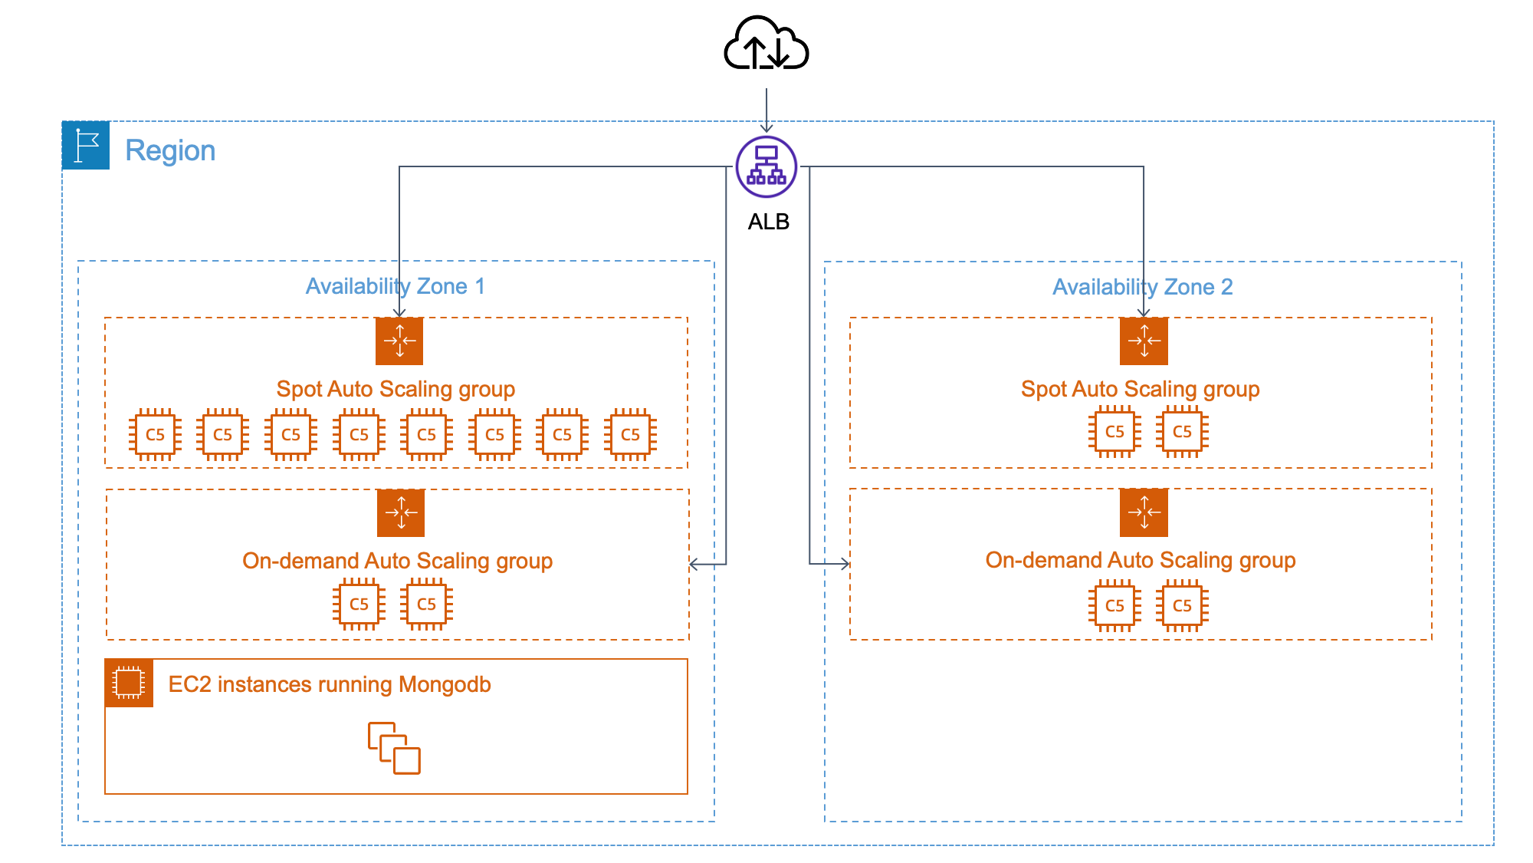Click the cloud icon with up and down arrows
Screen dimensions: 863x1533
point(766,44)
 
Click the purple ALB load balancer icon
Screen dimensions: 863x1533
point(766,166)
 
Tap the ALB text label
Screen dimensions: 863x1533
point(768,222)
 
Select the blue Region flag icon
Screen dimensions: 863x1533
point(86,145)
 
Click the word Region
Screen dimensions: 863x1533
point(170,150)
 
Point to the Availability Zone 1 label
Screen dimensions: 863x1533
point(395,286)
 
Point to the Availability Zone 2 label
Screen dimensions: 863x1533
point(1142,287)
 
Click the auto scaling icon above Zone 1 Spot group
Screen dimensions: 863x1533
point(399,341)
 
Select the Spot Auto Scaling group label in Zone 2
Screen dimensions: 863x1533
point(1140,389)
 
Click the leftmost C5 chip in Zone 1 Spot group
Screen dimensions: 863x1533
point(155,434)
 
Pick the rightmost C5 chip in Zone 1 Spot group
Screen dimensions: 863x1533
point(630,434)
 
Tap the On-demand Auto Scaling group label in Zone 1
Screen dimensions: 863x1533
point(397,561)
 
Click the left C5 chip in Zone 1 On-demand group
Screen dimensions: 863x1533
point(359,604)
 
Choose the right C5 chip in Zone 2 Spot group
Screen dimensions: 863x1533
point(1182,432)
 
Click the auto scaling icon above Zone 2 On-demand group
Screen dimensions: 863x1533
point(1144,512)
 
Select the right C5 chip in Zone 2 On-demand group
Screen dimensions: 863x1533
point(1182,606)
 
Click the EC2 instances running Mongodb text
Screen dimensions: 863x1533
point(330,684)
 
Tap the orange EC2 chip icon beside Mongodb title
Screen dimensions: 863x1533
point(129,683)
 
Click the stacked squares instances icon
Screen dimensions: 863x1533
point(394,748)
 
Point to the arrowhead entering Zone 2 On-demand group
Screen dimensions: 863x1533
point(845,564)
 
